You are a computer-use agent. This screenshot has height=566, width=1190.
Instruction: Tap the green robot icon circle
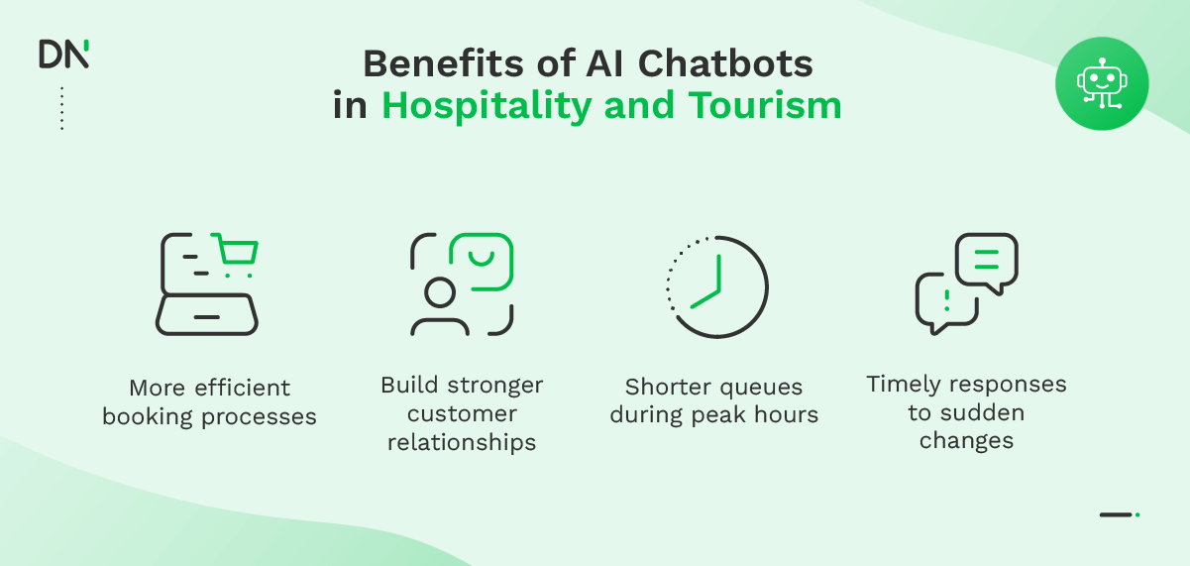tap(1102, 83)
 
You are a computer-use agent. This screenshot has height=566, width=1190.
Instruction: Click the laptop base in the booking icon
tap(207, 316)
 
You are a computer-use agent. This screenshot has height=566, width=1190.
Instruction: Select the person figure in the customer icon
tap(439, 307)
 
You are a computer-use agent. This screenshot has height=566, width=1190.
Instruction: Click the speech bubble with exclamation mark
tap(946, 301)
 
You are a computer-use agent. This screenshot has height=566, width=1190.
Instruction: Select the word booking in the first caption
tap(150, 416)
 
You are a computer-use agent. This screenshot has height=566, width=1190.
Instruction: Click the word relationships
tap(462, 442)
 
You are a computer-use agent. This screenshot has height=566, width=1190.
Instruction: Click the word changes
tap(966, 441)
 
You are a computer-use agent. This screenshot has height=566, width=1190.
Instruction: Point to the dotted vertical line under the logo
tap(61, 108)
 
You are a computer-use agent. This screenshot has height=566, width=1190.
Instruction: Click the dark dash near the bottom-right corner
tap(1116, 514)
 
